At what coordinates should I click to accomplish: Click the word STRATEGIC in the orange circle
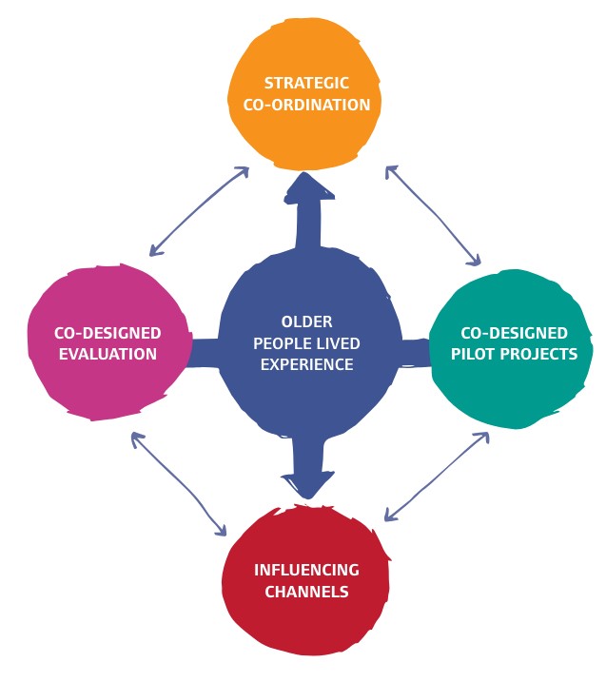coord(306,84)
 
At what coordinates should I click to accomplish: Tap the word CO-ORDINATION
coord(306,105)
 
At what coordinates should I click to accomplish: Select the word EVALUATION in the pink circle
coord(107,354)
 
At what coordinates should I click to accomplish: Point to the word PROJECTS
coord(540,354)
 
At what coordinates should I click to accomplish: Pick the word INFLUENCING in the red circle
coord(306,570)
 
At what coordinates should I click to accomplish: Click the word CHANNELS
coord(306,591)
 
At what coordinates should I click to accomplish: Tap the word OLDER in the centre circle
coord(306,322)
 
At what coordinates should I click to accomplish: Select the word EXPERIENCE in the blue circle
coord(306,363)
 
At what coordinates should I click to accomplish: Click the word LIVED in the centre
coord(338,342)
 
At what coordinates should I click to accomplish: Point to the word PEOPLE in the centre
coord(282,342)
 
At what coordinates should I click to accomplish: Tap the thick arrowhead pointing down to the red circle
coord(306,484)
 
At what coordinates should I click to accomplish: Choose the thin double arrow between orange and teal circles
coord(433,215)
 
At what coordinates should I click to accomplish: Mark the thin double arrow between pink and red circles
coord(180,483)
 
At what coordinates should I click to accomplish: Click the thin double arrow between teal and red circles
coord(437,477)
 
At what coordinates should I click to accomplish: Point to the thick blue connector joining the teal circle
coord(415,351)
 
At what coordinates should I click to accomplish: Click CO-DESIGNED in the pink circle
coord(107,333)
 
